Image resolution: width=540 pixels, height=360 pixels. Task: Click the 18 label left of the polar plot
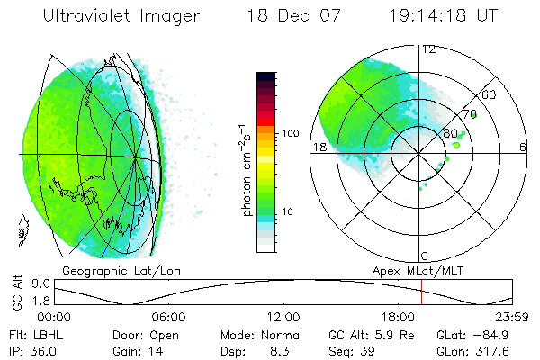tap(319, 148)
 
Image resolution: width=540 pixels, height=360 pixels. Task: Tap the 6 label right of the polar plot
tap(523, 148)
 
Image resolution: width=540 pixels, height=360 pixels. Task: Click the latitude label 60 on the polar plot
tap(490, 94)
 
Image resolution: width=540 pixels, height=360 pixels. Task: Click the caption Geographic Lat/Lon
tap(105, 270)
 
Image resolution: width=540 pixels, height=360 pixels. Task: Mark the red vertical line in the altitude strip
tap(421, 292)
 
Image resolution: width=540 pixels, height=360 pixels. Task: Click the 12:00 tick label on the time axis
tap(283, 317)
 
